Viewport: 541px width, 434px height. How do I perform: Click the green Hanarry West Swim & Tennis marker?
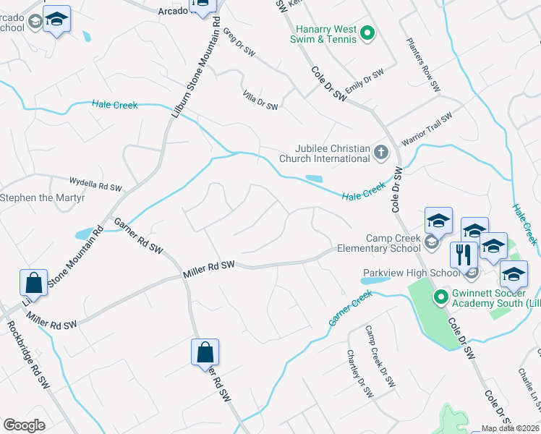point(367,33)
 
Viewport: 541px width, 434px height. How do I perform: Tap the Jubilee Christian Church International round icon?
point(381,153)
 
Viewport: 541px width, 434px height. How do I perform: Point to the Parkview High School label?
point(410,273)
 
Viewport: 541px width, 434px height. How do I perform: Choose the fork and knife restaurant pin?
point(464,255)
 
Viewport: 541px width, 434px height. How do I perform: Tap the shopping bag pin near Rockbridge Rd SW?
point(34,282)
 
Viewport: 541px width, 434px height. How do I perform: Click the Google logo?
point(24,425)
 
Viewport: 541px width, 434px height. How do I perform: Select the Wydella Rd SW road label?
point(95,184)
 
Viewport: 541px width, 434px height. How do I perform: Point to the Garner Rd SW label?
point(137,237)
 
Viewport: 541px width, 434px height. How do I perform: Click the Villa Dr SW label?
point(260,101)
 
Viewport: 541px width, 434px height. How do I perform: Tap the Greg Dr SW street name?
point(239,42)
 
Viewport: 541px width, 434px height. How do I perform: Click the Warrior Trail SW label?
point(427,127)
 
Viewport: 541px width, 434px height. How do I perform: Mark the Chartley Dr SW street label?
point(359,373)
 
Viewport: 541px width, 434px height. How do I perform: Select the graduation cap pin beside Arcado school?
point(56,20)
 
